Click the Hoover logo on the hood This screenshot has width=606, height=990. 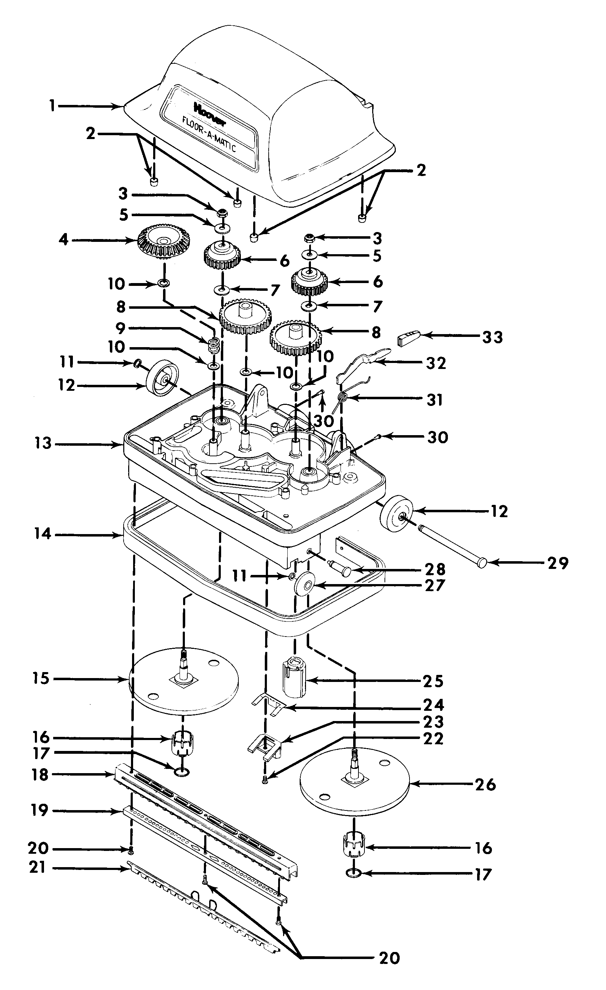pyautogui.click(x=210, y=114)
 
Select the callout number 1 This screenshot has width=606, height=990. pyautogui.click(x=52, y=106)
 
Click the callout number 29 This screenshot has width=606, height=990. pyautogui.click(x=558, y=563)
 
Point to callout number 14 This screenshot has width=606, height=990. pyautogui.click(x=43, y=534)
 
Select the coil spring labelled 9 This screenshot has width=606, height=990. pyautogui.click(x=214, y=345)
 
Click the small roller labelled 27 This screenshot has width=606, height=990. pyautogui.click(x=304, y=585)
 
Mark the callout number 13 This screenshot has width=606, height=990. pyautogui.click(x=43, y=444)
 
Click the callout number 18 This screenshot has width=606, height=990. pyautogui.click(x=40, y=775)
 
